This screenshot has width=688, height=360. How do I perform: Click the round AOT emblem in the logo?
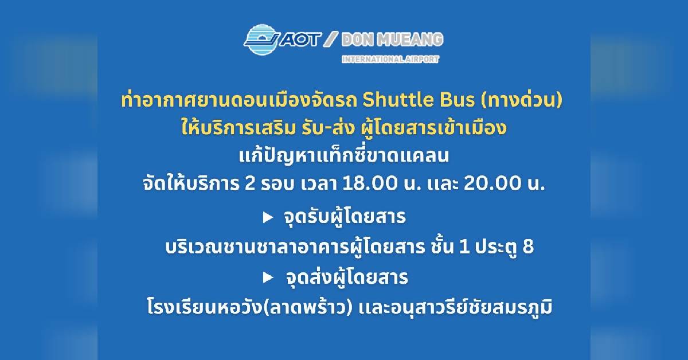point(261,40)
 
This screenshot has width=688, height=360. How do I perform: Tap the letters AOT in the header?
point(300,40)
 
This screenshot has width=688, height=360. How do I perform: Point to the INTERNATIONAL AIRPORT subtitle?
point(390,59)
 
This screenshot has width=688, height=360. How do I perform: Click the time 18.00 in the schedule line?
point(370,183)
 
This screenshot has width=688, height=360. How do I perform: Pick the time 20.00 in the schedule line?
point(491,183)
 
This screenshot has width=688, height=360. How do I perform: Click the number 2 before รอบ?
point(251,183)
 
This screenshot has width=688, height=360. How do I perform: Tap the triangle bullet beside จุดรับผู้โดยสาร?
point(268,218)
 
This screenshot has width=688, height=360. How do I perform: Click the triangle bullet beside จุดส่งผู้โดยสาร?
point(268,278)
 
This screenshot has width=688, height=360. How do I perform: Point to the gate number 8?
point(528,246)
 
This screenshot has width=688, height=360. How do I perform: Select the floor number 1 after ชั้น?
point(464,246)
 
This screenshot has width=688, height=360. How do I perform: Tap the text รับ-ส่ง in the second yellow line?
point(326,128)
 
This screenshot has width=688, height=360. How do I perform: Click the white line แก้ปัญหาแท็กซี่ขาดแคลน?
point(343,155)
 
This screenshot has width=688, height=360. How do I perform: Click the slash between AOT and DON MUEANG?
point(331,40)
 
